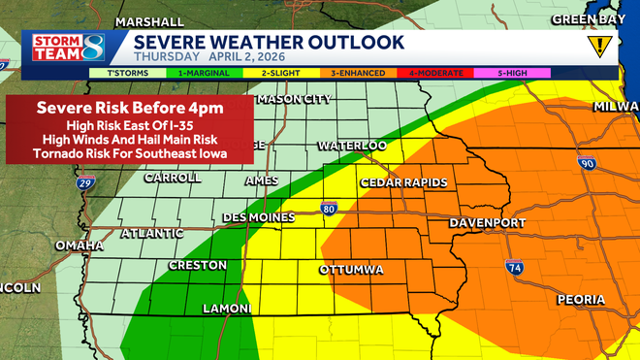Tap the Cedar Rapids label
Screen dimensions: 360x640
(403, 182)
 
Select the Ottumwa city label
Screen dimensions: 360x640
(350, 268)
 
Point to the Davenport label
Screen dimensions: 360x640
(487, 223)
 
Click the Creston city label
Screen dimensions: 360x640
(198, 265)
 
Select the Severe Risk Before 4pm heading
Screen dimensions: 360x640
(129, 108)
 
